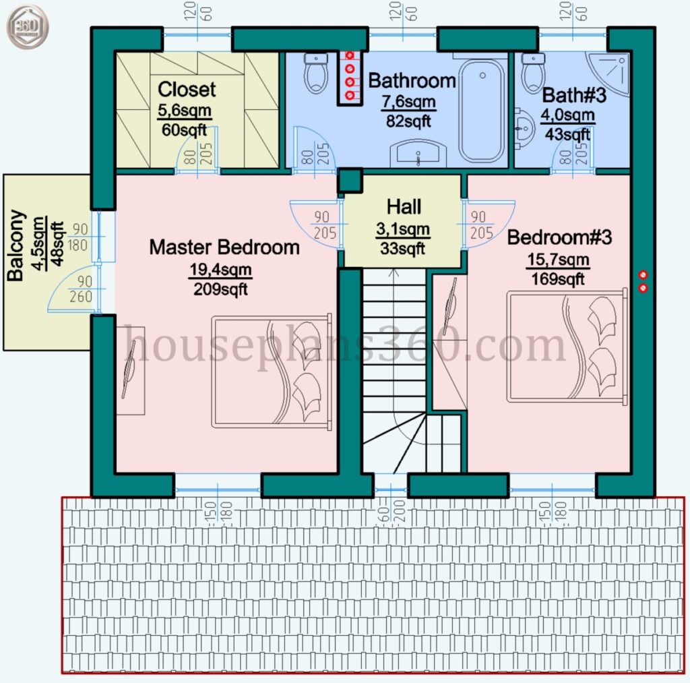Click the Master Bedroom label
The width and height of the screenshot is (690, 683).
point(224,247)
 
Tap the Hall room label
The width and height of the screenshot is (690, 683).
point(404,206)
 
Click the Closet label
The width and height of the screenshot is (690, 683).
point(187,90)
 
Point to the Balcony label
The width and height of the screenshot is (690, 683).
point(16,245)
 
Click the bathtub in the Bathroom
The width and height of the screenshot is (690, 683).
point(482,111)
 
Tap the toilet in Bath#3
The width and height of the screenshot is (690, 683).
point(534,73)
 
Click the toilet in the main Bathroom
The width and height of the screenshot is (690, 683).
point(316,73)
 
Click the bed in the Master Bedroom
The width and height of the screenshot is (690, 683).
point(272,371)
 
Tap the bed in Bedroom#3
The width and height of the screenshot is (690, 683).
point(567,346)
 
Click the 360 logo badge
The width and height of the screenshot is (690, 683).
point(27,27)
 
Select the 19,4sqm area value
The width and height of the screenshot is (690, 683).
point(220,269)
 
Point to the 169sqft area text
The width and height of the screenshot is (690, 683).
point(558,278)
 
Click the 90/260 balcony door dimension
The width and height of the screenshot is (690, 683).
point(82,289)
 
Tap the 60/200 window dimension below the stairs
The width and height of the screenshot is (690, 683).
point(391,511)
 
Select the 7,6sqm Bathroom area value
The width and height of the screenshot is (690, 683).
point(408,102)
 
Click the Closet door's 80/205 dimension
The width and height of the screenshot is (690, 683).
point(198,154)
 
